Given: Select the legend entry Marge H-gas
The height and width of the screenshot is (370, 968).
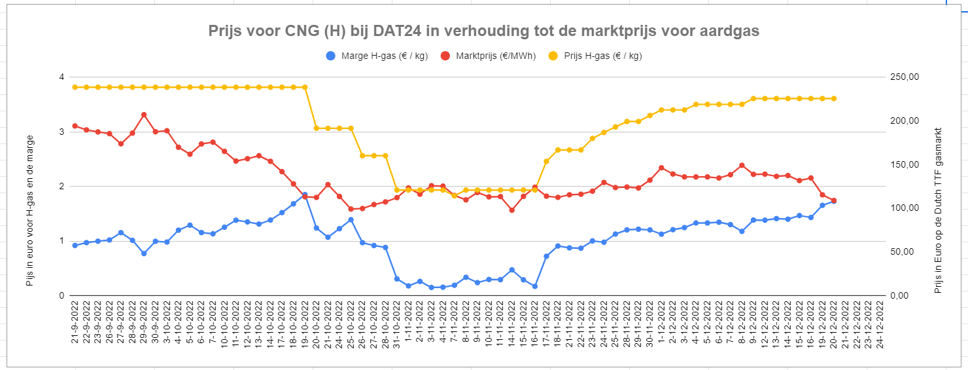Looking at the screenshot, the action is tap(376, 56).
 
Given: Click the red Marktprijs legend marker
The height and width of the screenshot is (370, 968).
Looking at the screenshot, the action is tap(445, 56).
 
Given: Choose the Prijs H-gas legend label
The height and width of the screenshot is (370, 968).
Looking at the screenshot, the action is tap(603, 56).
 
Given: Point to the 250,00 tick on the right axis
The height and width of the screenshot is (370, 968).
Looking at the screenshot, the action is tap(905, 77).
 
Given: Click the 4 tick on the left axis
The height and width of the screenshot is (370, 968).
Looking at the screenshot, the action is tap(61, 77).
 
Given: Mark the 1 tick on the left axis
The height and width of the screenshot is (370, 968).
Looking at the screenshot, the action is tap(61, 241).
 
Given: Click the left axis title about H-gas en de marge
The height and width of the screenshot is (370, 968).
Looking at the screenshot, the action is tap(30, 211).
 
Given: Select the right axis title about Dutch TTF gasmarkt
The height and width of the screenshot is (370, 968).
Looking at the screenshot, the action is tap(938, 211).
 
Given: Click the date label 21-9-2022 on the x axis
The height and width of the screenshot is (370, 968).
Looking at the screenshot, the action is tap(75, 322).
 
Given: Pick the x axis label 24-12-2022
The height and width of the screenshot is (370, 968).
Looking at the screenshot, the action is tap(880, 325).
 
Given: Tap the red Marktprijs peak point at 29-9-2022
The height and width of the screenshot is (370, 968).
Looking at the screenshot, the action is tap(144, 115).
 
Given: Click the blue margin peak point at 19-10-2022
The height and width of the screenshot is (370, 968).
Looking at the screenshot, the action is tap(305, 194).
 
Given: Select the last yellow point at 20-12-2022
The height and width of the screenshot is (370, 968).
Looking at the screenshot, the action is tap(834, 99).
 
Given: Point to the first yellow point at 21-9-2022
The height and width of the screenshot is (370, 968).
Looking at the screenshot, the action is tap(75, 87).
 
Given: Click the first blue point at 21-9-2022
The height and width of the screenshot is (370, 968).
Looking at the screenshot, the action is tap(75, 246).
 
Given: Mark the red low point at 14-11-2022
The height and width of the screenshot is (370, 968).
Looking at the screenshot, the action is tap(511, 210).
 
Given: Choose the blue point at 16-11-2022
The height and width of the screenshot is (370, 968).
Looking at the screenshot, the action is tap(534, 286).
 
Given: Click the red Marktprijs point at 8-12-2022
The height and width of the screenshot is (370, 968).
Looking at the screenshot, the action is tap(742, 165).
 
